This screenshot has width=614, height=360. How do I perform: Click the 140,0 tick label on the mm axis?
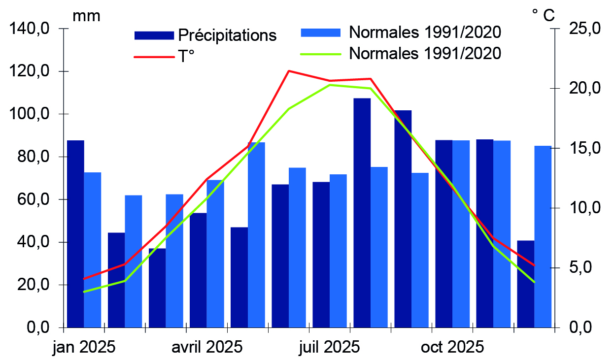pyautogui.click(x=30, y=29)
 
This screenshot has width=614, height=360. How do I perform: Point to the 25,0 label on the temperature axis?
pyautogui.click(x=584, y=29)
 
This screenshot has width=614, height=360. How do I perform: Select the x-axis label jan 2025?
pyautogui.click(x=84, y=347)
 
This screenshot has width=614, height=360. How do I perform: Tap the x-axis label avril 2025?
pyautogui.click(x=207, y=347)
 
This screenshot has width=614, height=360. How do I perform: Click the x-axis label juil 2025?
pyautogui.click(x=329, y=347)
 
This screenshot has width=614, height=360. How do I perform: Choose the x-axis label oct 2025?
pyautogui.click(x=452, y=347)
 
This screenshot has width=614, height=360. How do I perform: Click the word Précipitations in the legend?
pyautogui.click(x=227, y=35)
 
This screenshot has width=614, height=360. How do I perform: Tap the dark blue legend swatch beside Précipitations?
pyautogui.click(x=154, y=35)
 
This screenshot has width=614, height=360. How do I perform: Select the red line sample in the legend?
pyautogui.click(x=154, y=57)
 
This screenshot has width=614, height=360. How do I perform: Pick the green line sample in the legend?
pyautogui.click(x=321, y=54)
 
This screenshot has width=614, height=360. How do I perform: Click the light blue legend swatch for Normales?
pyautogui.click(x=321, y=33)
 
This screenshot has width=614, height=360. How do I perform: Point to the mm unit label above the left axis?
pyautogui.click(x=86, y=16)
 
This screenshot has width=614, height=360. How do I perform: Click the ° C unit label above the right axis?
pyautogui.click(x=543, y=15)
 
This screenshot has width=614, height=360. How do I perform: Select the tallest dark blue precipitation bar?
pyautogui.click(x=362, y=213)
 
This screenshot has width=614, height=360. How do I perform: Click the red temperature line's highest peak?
pyautogui.click(x=289, y=71)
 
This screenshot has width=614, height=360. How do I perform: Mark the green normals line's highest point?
pyautogui.click(x=330, y=85)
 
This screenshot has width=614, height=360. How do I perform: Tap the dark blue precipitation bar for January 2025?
pyautogui.click(x=75, y=234)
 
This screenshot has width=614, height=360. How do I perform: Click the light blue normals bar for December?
pyautogui.click(x=543, y=237)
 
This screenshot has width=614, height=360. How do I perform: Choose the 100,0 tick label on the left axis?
pyautogui.click(x=30, y=114)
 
